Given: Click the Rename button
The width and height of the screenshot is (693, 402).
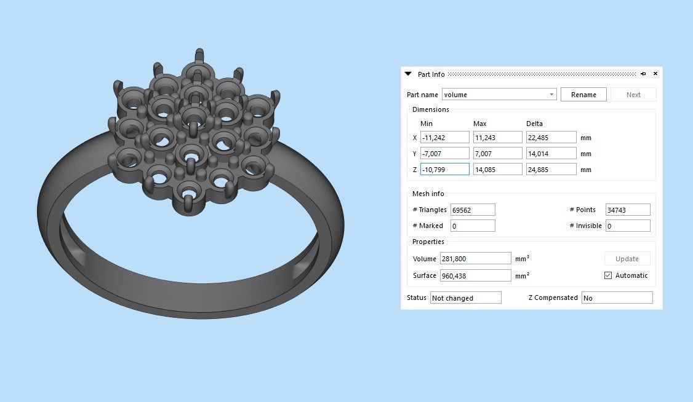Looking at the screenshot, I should tap(583, 95).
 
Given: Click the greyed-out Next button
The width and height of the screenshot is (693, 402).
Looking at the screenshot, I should tap(633, 95).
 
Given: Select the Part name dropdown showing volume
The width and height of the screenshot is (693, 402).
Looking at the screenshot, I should tap(499, 95).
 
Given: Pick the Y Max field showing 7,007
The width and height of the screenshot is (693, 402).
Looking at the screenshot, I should tap(497, 154).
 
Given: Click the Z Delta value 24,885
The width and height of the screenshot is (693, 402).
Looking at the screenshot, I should tap(551, 170).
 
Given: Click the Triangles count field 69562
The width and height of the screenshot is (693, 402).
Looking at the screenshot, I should tap(472, 210).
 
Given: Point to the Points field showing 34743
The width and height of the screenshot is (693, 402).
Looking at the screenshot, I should tap(627, 210).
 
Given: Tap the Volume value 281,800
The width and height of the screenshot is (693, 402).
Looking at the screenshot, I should tap(475, 259).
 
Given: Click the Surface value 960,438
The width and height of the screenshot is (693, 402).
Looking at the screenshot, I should tap(475, 275).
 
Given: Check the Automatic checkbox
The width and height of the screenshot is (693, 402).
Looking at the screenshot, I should tap(608, 275).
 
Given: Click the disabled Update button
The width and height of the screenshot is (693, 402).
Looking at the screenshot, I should tap(627, 259).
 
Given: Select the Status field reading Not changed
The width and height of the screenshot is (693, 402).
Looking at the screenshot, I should tap(465, 298).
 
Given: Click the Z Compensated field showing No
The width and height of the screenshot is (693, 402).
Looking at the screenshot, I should tap(616, 298).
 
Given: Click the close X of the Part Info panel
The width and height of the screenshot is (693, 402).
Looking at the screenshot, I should tap(655, 74).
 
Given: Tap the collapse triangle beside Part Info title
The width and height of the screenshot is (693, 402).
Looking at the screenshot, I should tap(408, 74).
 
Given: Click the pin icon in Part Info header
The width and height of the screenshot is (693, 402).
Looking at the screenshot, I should tap(643, 74).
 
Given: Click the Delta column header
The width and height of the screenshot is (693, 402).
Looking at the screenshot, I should tap(534, 124).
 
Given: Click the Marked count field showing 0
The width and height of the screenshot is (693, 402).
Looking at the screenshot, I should tap(472, 226).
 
